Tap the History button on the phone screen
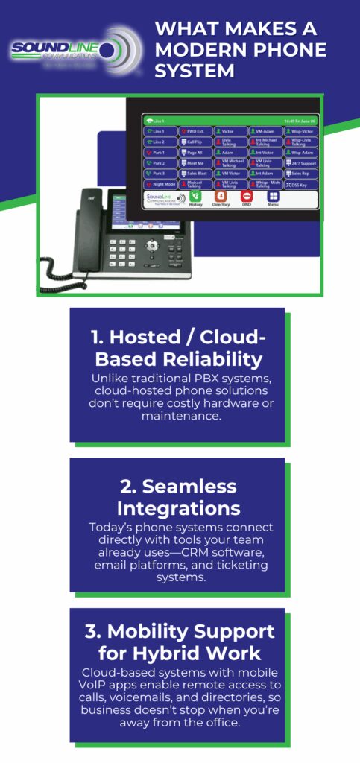196,198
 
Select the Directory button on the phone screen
221,198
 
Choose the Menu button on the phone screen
273,198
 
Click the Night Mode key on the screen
160,183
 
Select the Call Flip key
195,142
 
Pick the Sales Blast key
195,173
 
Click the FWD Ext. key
195,131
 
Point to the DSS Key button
301,183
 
